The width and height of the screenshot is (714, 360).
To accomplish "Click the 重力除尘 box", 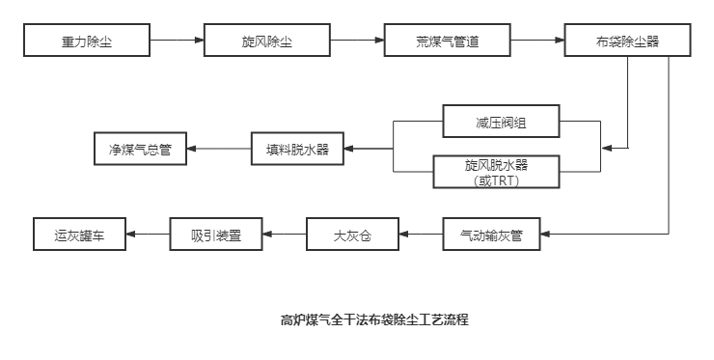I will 87,41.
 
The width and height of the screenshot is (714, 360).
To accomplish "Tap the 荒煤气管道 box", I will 448,41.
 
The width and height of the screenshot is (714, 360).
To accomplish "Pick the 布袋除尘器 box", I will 627,41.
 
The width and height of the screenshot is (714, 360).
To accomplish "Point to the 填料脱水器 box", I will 296,149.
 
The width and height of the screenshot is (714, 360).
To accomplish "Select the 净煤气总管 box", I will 140,149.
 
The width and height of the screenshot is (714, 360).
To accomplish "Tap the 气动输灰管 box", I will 491,235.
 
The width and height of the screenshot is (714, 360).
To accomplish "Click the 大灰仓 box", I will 352,235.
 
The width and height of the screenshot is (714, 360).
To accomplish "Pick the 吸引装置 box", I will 215,235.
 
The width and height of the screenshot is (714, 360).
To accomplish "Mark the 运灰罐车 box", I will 79,235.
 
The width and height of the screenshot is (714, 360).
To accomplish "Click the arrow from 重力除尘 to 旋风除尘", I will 177,41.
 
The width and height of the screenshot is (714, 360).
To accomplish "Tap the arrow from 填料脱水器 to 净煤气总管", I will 218,149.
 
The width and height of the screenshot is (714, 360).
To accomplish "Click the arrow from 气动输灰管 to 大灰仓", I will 421,235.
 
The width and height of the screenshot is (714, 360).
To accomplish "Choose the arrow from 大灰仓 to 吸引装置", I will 284,235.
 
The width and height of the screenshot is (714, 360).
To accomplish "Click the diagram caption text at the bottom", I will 374,318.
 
